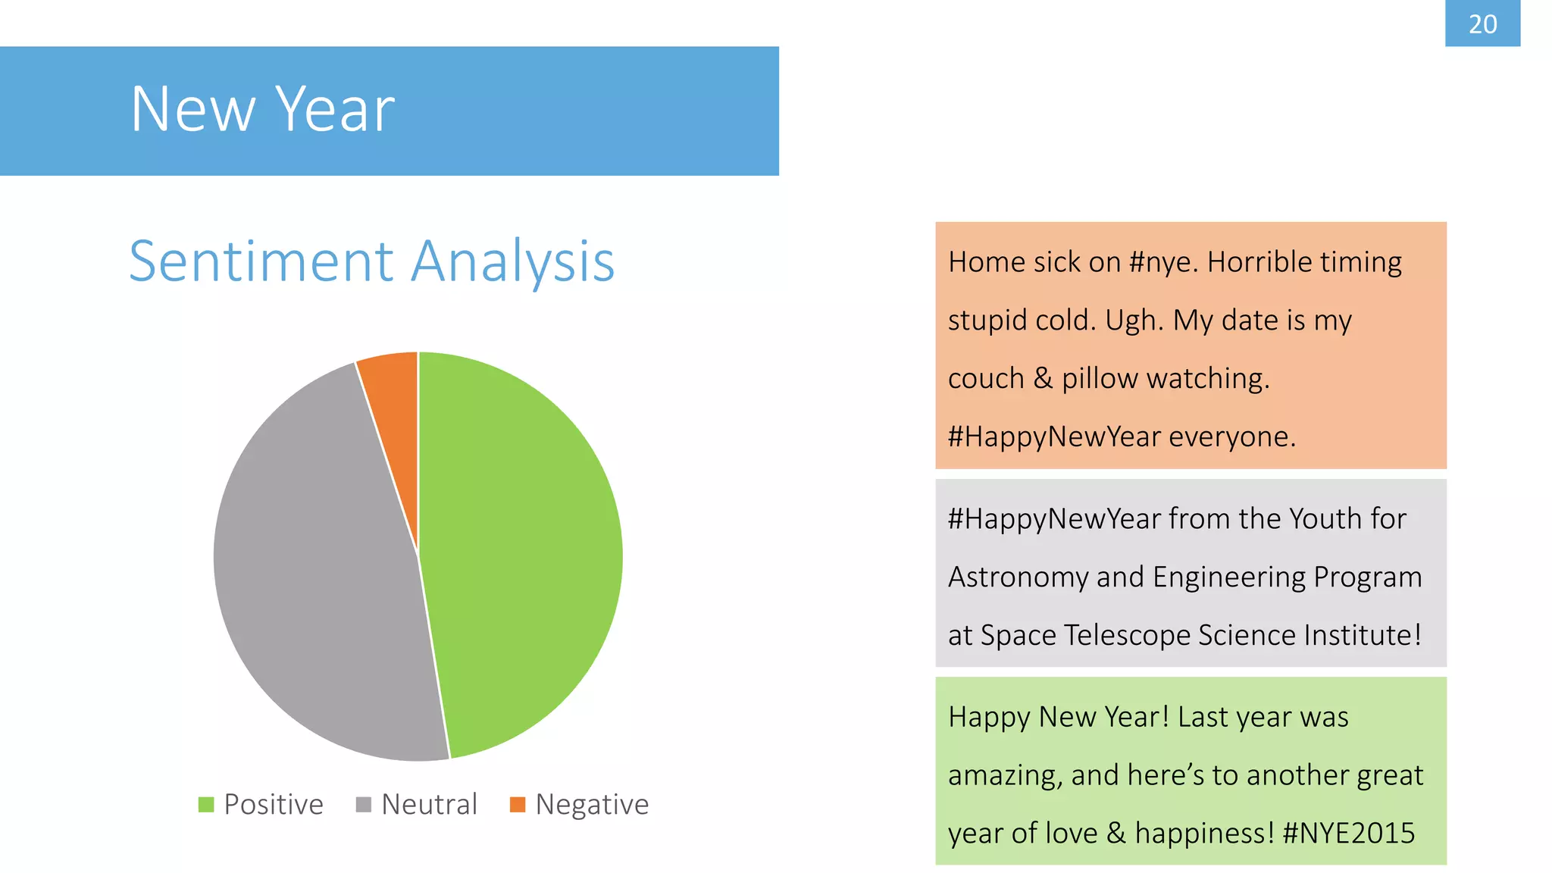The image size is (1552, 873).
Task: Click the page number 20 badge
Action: point(1482,23)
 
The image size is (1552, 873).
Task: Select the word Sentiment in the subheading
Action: point(261,261)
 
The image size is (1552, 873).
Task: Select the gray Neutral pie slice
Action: point(318,576)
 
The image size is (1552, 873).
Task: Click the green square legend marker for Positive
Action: point(206,804)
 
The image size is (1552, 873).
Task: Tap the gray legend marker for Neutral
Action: point(364,804)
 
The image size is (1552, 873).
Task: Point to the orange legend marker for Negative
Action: point(518,804)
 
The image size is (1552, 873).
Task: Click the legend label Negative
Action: point(592,804)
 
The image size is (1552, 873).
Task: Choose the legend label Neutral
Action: point(429,804)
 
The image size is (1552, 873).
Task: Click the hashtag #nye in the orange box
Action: point(1162,262)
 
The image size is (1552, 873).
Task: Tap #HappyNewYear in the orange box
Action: point(1054,437)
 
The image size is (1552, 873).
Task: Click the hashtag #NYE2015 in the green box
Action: point(1349,834)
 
